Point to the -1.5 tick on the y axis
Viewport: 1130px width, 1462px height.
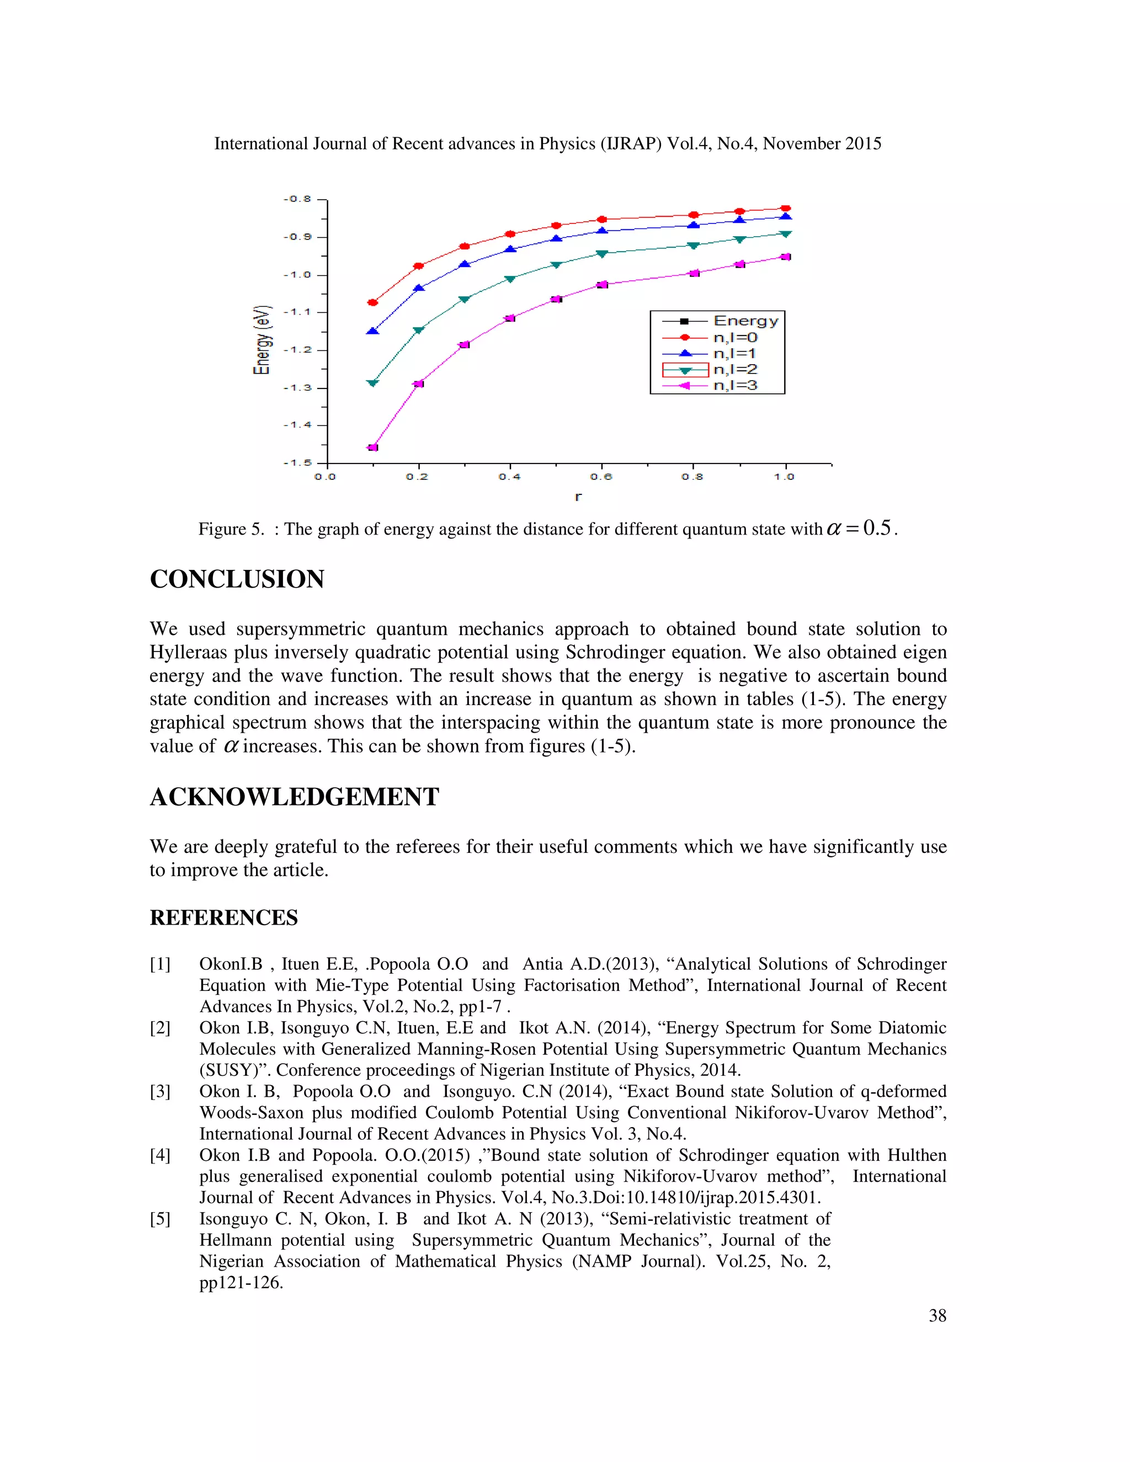point(298,462)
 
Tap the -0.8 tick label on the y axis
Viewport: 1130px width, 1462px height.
point(298,199)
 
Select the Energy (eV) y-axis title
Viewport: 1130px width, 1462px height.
point(262,339)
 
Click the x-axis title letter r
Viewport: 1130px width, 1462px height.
point(578,497)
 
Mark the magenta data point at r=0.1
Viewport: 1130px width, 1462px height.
point(373,447)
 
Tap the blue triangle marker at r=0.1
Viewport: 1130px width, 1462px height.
point(373,330)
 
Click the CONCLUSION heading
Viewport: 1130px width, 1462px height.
point(237,579)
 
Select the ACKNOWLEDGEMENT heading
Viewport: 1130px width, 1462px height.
point(294,797)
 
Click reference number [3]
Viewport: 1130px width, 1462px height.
point(160,1092)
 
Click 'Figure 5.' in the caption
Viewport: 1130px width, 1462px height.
point(231,530)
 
